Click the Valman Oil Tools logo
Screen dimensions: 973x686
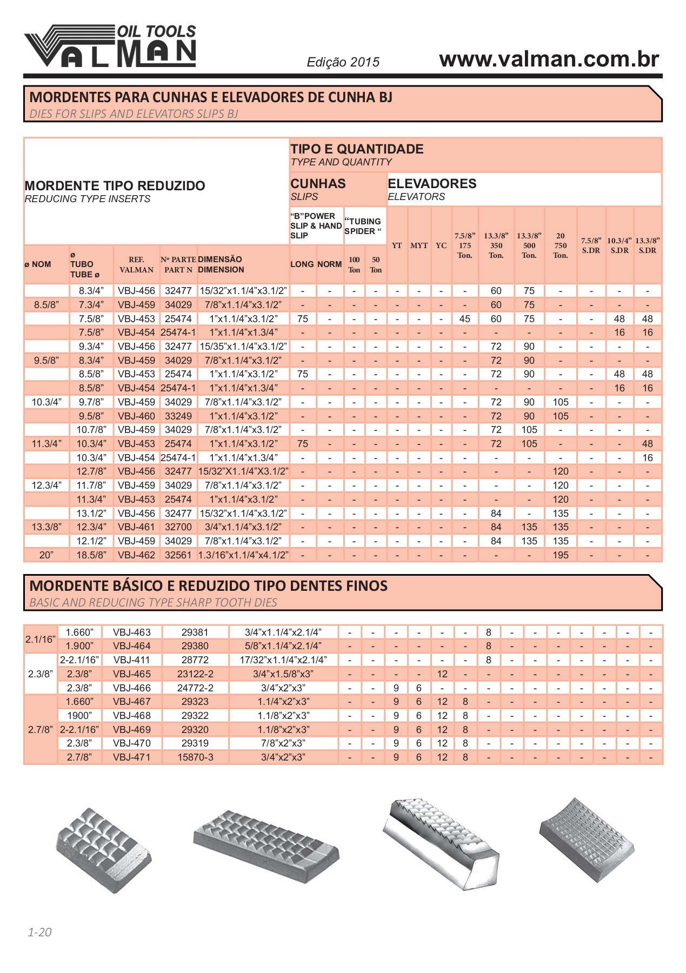[110, 46]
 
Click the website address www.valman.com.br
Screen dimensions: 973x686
[549, 59]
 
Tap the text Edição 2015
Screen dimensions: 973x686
[343, 62]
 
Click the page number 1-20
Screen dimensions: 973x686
[39, 932]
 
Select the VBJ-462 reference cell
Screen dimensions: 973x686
[136, 555]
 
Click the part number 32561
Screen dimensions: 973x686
[178, 555]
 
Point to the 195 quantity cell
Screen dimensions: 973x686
[561, 555]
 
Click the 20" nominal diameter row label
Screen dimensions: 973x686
[46, 555]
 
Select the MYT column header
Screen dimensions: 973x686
[419, 245]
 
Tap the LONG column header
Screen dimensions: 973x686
[302, 264]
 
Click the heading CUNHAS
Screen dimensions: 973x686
[318, 184]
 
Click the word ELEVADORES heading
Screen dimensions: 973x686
[432, 184]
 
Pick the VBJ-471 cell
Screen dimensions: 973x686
[132, 757]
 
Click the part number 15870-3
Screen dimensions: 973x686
[195, 757]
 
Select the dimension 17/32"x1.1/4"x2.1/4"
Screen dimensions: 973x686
[283, 660]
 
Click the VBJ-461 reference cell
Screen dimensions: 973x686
[136, 527]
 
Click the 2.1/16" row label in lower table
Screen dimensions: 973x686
[41, 639]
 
